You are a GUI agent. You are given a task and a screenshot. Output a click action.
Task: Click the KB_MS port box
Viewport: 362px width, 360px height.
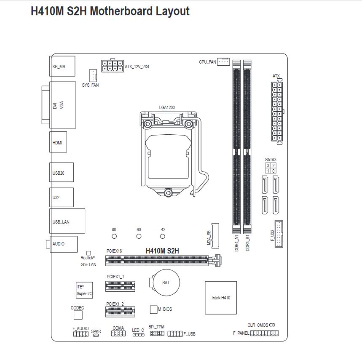pos(62,66)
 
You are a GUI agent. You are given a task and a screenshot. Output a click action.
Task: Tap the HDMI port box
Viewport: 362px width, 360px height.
pos(58,142)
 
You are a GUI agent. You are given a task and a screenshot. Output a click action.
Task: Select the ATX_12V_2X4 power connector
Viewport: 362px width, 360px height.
pos(113,66)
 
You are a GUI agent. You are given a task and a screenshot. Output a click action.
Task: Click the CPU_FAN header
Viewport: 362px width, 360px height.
pos(223,61)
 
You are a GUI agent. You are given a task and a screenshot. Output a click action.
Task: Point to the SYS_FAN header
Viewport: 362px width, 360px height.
pos(93,75)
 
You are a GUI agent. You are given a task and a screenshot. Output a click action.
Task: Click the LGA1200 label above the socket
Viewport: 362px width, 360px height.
pos(167,107)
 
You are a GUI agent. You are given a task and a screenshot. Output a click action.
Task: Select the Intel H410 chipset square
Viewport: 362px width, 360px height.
pos(221,298)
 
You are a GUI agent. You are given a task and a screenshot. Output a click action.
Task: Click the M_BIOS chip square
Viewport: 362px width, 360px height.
pos(153,309)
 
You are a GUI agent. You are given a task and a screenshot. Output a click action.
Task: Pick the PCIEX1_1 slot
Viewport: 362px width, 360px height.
pos(120,286)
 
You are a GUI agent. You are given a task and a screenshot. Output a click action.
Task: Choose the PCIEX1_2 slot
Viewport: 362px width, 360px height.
pos(120,312)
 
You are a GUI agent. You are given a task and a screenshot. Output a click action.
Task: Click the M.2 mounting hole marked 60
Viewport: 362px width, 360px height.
pos(139,236)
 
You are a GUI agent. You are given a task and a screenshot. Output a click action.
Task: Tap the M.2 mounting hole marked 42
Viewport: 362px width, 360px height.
pos(163,236)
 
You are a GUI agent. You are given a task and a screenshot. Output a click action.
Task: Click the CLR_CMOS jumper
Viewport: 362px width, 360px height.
pos(272,325)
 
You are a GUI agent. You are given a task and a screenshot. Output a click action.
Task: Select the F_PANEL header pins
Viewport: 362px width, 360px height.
pos(265,333)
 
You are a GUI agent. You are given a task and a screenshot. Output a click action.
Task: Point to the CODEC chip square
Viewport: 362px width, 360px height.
pos(78,315)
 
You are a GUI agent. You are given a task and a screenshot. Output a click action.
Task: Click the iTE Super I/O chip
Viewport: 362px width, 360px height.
pos(84,290)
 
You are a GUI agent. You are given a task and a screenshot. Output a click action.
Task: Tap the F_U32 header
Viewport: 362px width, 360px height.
pos(279,234)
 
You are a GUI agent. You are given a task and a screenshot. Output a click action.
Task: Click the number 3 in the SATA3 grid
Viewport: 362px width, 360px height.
pos(268,165)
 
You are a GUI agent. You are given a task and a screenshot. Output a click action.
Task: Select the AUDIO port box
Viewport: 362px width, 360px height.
pos(64,244)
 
